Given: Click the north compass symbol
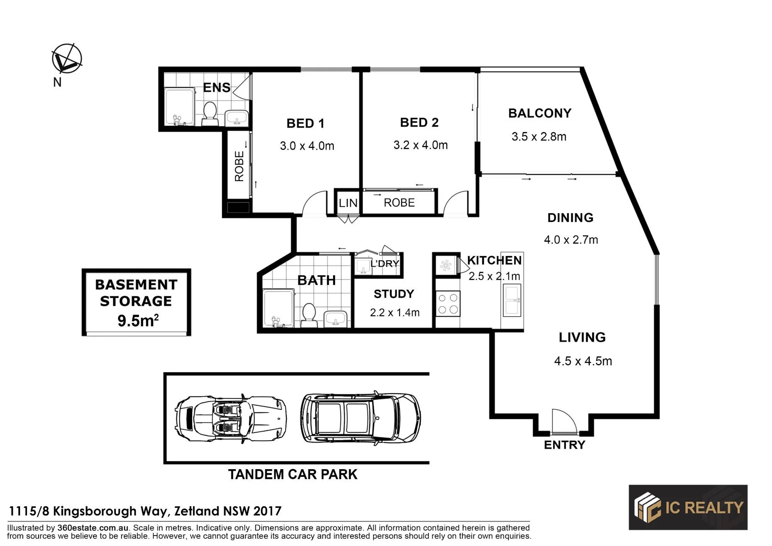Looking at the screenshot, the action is pyautogui.click(x=67, y=59).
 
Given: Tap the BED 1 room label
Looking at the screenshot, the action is pyautogui.click(x=305, y=123).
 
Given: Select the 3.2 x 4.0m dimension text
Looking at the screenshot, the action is pyautogui.click(x=420, y=145).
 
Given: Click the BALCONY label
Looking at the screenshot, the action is pyautogui.click(x=539, y=113).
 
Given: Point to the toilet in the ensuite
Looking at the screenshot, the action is pyautogui.click(x=210, y=113).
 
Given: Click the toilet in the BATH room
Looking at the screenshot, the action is pyautogui.click(x=309, y=314).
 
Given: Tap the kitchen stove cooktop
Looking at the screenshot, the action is pyautogui.click(x=448, y=304).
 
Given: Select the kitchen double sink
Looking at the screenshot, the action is pyautogui.click(x=512, y=300).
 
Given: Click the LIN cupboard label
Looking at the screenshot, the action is pyautogui.click(x=348, y=203).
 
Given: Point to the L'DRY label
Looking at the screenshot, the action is pyautogui.click(x=385, y=264).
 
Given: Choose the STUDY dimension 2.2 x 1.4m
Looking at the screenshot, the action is pyautogui.click(x=395, y=312).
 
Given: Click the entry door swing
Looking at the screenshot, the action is pyautogui.click(x=564, y=421).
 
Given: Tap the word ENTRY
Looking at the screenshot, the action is pyautogui.click(x=564, y=445).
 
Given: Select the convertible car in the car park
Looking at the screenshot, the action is pyautogui.click(x=231, y=418).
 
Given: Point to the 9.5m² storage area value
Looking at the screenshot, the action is pyautogui.click(x=138, y=320).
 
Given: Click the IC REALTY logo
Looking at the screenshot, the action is pyautogui.click(x=688, y=507).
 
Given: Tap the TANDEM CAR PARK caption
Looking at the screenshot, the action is pyautogui.click(x=292, y=474).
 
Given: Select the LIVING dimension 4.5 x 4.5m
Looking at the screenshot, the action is pyautogui.click(x=583, y=361).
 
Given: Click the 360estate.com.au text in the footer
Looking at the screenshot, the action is pyautogui.click(x=93, y=527).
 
